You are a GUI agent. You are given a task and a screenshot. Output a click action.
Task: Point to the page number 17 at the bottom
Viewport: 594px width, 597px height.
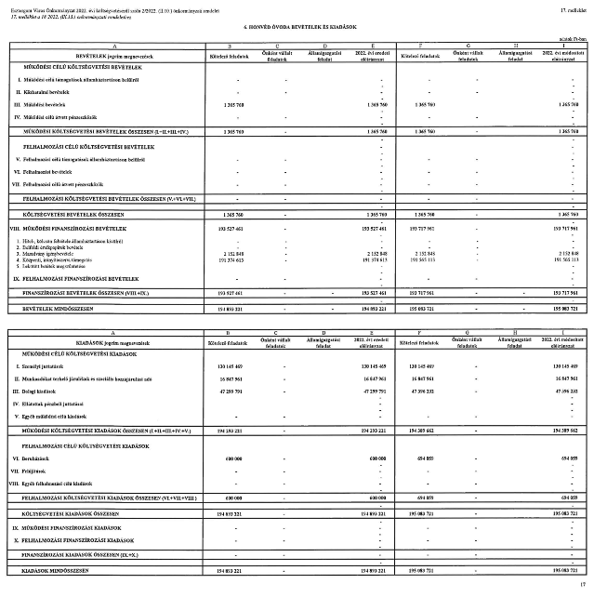582,584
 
